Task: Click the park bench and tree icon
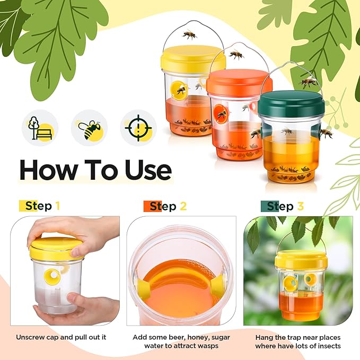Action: (40, 128)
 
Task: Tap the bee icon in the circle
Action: (89, 128)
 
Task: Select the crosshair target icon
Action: (138, 128)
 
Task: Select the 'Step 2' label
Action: (166, 206)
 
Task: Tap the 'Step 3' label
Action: (286, 206)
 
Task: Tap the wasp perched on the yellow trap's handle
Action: (189, 35)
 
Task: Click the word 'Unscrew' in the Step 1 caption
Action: (31, 337)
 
